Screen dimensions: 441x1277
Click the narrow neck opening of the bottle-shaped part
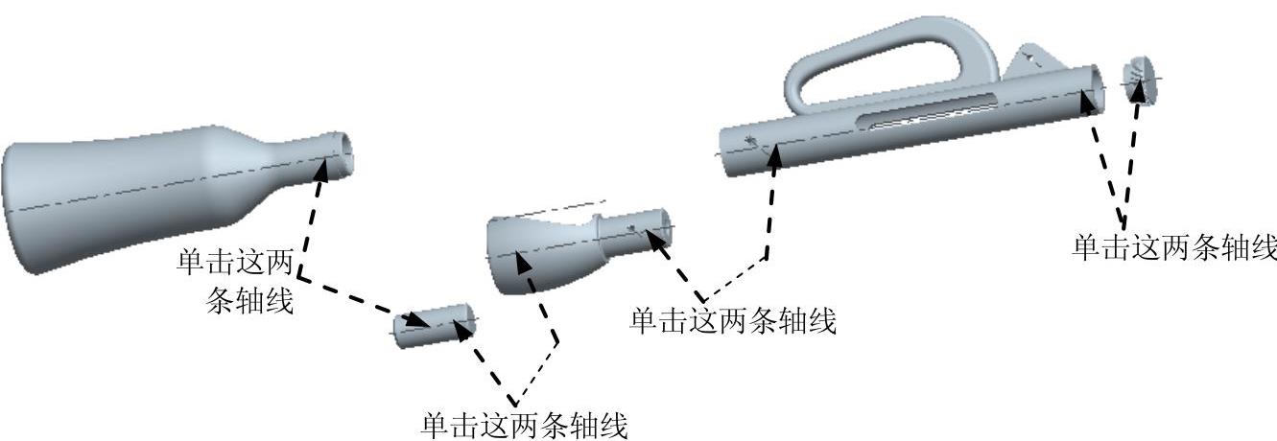pyautogui.click(x=338, y=153)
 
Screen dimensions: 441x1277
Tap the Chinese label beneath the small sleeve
pyautogui.click(x=524, y=425)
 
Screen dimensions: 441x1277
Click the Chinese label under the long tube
pyautogui.click(x=732, y=320)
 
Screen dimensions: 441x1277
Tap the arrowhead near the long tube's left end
pyautogui.click(x=775, y=152)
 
